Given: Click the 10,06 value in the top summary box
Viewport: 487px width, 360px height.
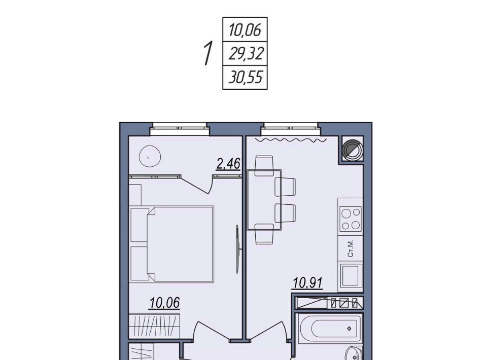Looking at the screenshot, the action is click(245, 30).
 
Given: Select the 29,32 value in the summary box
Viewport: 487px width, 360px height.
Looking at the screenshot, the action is click(246, 53).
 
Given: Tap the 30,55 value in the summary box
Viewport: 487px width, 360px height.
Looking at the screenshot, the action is click(246, 77).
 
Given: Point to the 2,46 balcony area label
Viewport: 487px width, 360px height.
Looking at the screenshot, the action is click(228, 163).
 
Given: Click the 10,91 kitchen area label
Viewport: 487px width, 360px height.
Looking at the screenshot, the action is click(308, 282).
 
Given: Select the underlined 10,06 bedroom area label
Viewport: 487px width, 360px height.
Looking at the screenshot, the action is click(164, 303).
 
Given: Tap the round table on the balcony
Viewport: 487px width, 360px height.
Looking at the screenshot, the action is click(150, 156).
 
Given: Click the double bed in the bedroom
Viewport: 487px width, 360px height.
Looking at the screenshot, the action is click(172, 244).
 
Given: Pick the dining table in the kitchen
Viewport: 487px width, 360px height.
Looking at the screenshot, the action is click(264, 200).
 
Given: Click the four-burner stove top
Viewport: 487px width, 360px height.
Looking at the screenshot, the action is click(351, 219).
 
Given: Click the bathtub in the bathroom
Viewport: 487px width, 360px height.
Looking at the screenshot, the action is click(330, 329).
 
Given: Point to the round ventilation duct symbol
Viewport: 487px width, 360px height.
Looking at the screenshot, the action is click(352, 149).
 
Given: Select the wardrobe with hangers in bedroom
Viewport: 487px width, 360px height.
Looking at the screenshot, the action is click(154, 326).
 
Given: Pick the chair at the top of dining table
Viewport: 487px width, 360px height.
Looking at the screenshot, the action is click(264, 166).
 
